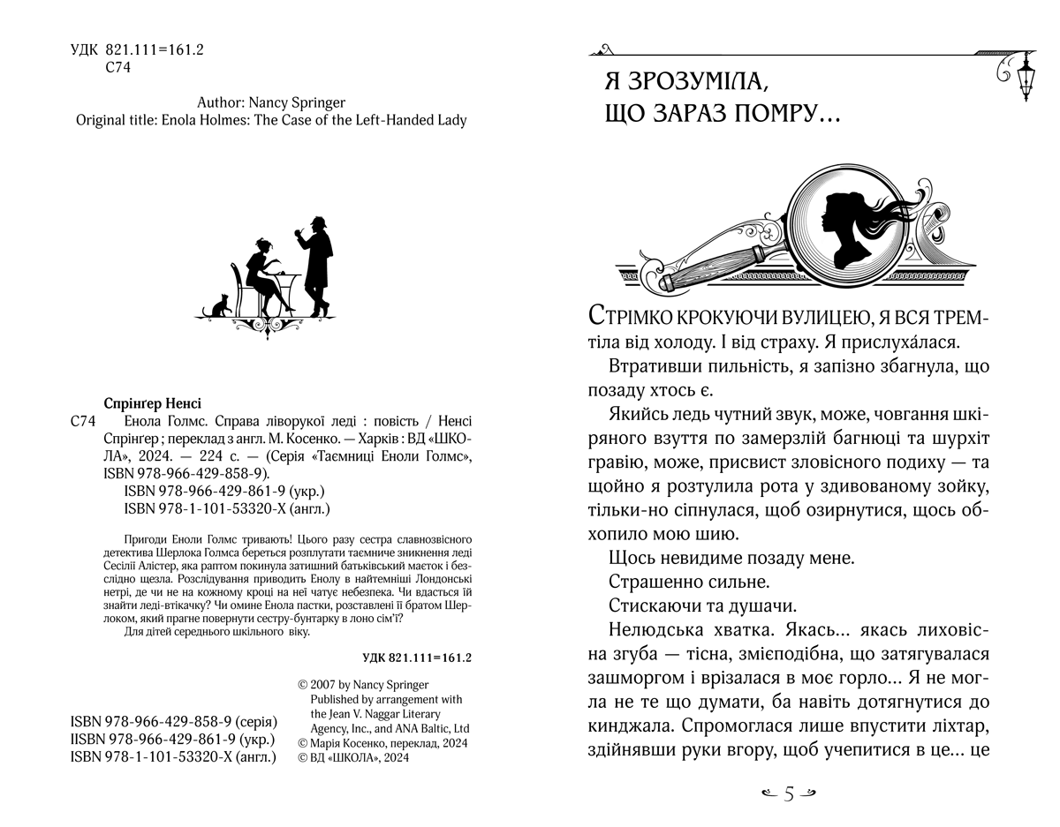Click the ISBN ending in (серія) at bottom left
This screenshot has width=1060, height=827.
coord(173,722)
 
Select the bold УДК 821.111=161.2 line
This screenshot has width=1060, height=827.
coord(419,658)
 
